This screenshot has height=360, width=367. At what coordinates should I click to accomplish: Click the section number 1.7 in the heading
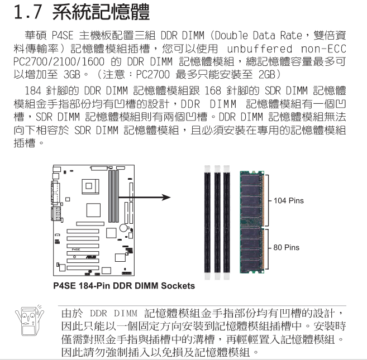tap(28, 12)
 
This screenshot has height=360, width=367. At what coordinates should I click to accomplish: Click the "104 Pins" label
tap(289, 201)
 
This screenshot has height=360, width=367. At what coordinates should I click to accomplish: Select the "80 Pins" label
tap(286, 247)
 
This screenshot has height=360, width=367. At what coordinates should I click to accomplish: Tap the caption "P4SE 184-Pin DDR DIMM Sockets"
tap(124, 286)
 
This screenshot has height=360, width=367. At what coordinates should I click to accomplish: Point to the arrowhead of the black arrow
tap(166, 198)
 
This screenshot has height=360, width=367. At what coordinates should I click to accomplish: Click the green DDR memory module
tap(252, 222)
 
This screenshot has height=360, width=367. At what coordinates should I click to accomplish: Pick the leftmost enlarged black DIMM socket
tap(207, 223)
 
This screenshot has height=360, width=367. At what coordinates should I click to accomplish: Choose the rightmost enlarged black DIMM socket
tap(227, 223)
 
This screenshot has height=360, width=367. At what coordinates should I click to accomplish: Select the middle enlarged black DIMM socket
tap(217, 223)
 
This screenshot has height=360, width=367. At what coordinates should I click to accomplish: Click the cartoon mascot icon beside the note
tap(29, 320)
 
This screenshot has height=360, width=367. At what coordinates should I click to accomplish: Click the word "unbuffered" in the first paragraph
tap(260, 49)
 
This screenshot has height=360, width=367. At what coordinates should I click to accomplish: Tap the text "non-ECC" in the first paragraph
tap(323, 49)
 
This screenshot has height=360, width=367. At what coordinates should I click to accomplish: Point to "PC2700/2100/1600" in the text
tap(59, 62)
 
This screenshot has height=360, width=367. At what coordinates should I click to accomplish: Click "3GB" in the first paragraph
tap(72, 75)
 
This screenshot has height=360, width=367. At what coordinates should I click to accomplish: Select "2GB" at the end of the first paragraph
tap(266, 75)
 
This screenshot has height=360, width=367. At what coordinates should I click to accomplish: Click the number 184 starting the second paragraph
tap(33, 91)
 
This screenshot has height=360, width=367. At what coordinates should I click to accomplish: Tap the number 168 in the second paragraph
tap(213, 91)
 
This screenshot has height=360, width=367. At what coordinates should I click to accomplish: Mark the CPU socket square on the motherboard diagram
tap(90, 186)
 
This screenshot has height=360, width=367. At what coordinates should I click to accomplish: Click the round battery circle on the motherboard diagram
tap(123, 228)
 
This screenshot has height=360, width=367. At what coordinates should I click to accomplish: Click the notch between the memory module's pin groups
tap(263, 227)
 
